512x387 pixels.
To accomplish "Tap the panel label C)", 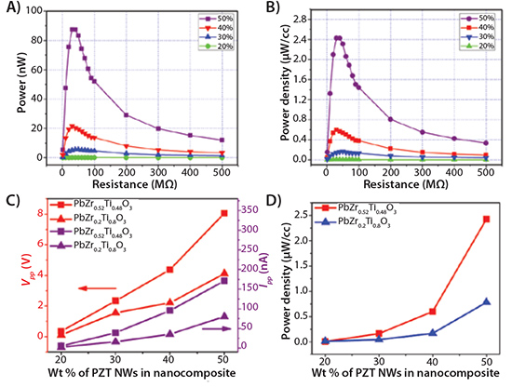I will [x=11, y=200].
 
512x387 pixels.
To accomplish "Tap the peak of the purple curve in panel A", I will [x=73, y=30].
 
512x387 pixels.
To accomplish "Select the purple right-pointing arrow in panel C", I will [x=213, y=327].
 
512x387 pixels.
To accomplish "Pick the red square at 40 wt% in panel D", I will [x=433, y=312].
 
